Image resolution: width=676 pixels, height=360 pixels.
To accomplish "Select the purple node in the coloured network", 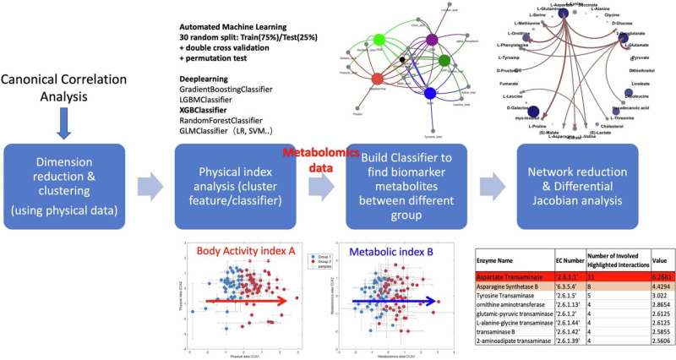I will (432, 40).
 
